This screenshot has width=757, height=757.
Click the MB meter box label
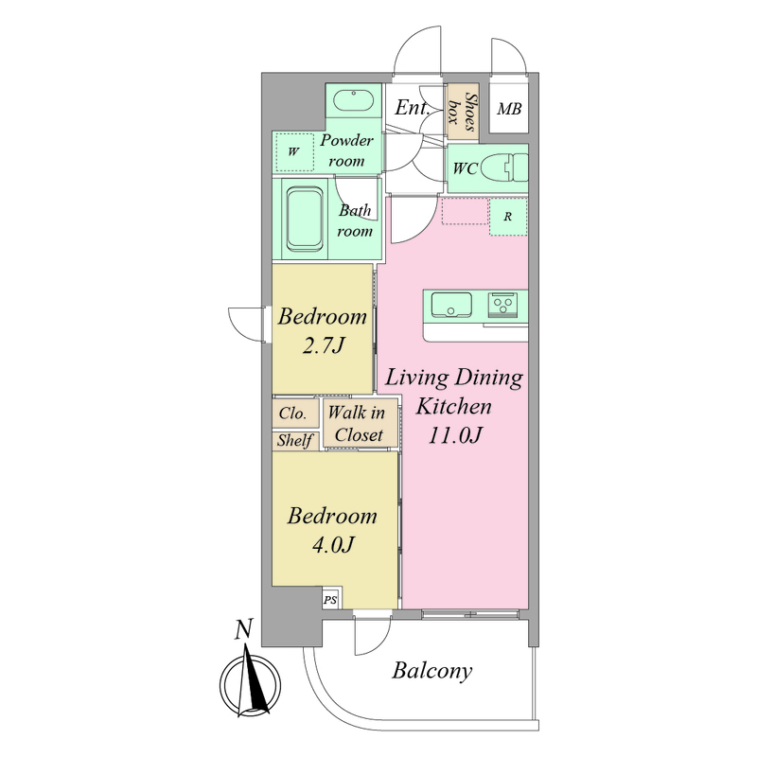(509, 109)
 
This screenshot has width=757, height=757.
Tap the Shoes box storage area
(463, 112)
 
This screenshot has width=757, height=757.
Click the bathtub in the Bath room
(305, 219)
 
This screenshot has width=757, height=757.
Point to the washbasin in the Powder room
(354, 100)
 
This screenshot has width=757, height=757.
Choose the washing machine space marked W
(294, 151)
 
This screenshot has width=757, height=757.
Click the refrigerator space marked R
(508, 217)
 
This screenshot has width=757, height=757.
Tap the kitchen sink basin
(451, 305)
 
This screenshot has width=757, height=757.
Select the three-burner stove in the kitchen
(502, 305)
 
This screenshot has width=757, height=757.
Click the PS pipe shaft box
(330, 600)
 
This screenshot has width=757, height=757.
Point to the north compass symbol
(251, 683)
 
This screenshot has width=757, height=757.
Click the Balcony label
(432, 671)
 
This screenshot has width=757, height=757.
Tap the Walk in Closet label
(358, 424)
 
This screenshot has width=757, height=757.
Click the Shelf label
(294, 440)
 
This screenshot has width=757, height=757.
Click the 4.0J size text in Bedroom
(334, 545)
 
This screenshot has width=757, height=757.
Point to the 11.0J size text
(455, 435)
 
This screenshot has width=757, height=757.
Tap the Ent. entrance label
(412, 107)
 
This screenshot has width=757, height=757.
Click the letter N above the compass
(244, 629)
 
